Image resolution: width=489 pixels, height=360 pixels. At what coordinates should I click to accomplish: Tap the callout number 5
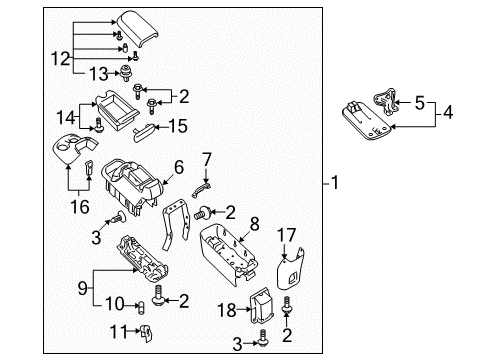pos(418,101)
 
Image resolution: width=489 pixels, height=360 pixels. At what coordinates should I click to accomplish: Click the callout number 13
pos(97,72)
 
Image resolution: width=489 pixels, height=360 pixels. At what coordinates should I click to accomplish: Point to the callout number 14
pos(65,116)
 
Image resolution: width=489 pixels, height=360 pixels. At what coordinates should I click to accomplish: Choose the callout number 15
pos(180,126)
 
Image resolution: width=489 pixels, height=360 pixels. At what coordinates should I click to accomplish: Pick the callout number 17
pos(287,234)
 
